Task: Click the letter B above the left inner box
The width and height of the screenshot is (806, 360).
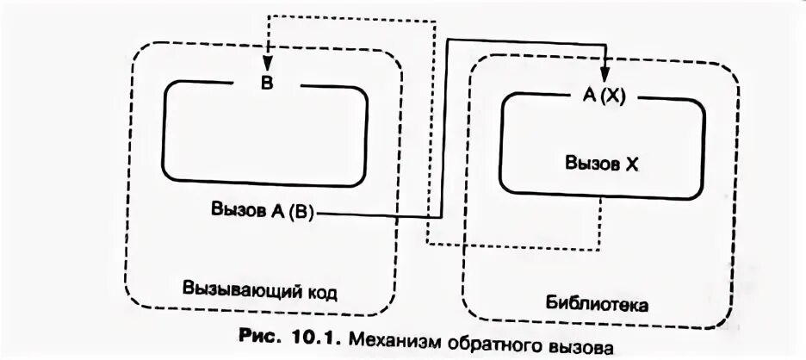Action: tap(267, 84)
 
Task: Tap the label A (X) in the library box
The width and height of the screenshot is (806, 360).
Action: tap(604, 96)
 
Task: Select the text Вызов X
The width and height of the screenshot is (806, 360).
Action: tap(602, 163)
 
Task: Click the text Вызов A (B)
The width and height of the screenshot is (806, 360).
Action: tap(263, 210)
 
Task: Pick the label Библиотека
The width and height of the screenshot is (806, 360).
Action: tap(597, 304)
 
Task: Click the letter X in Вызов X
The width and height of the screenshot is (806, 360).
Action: tap(632, 163)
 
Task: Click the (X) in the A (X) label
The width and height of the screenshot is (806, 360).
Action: tap(612, 96)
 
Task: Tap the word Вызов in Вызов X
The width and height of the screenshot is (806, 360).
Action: tap(591, 163)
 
